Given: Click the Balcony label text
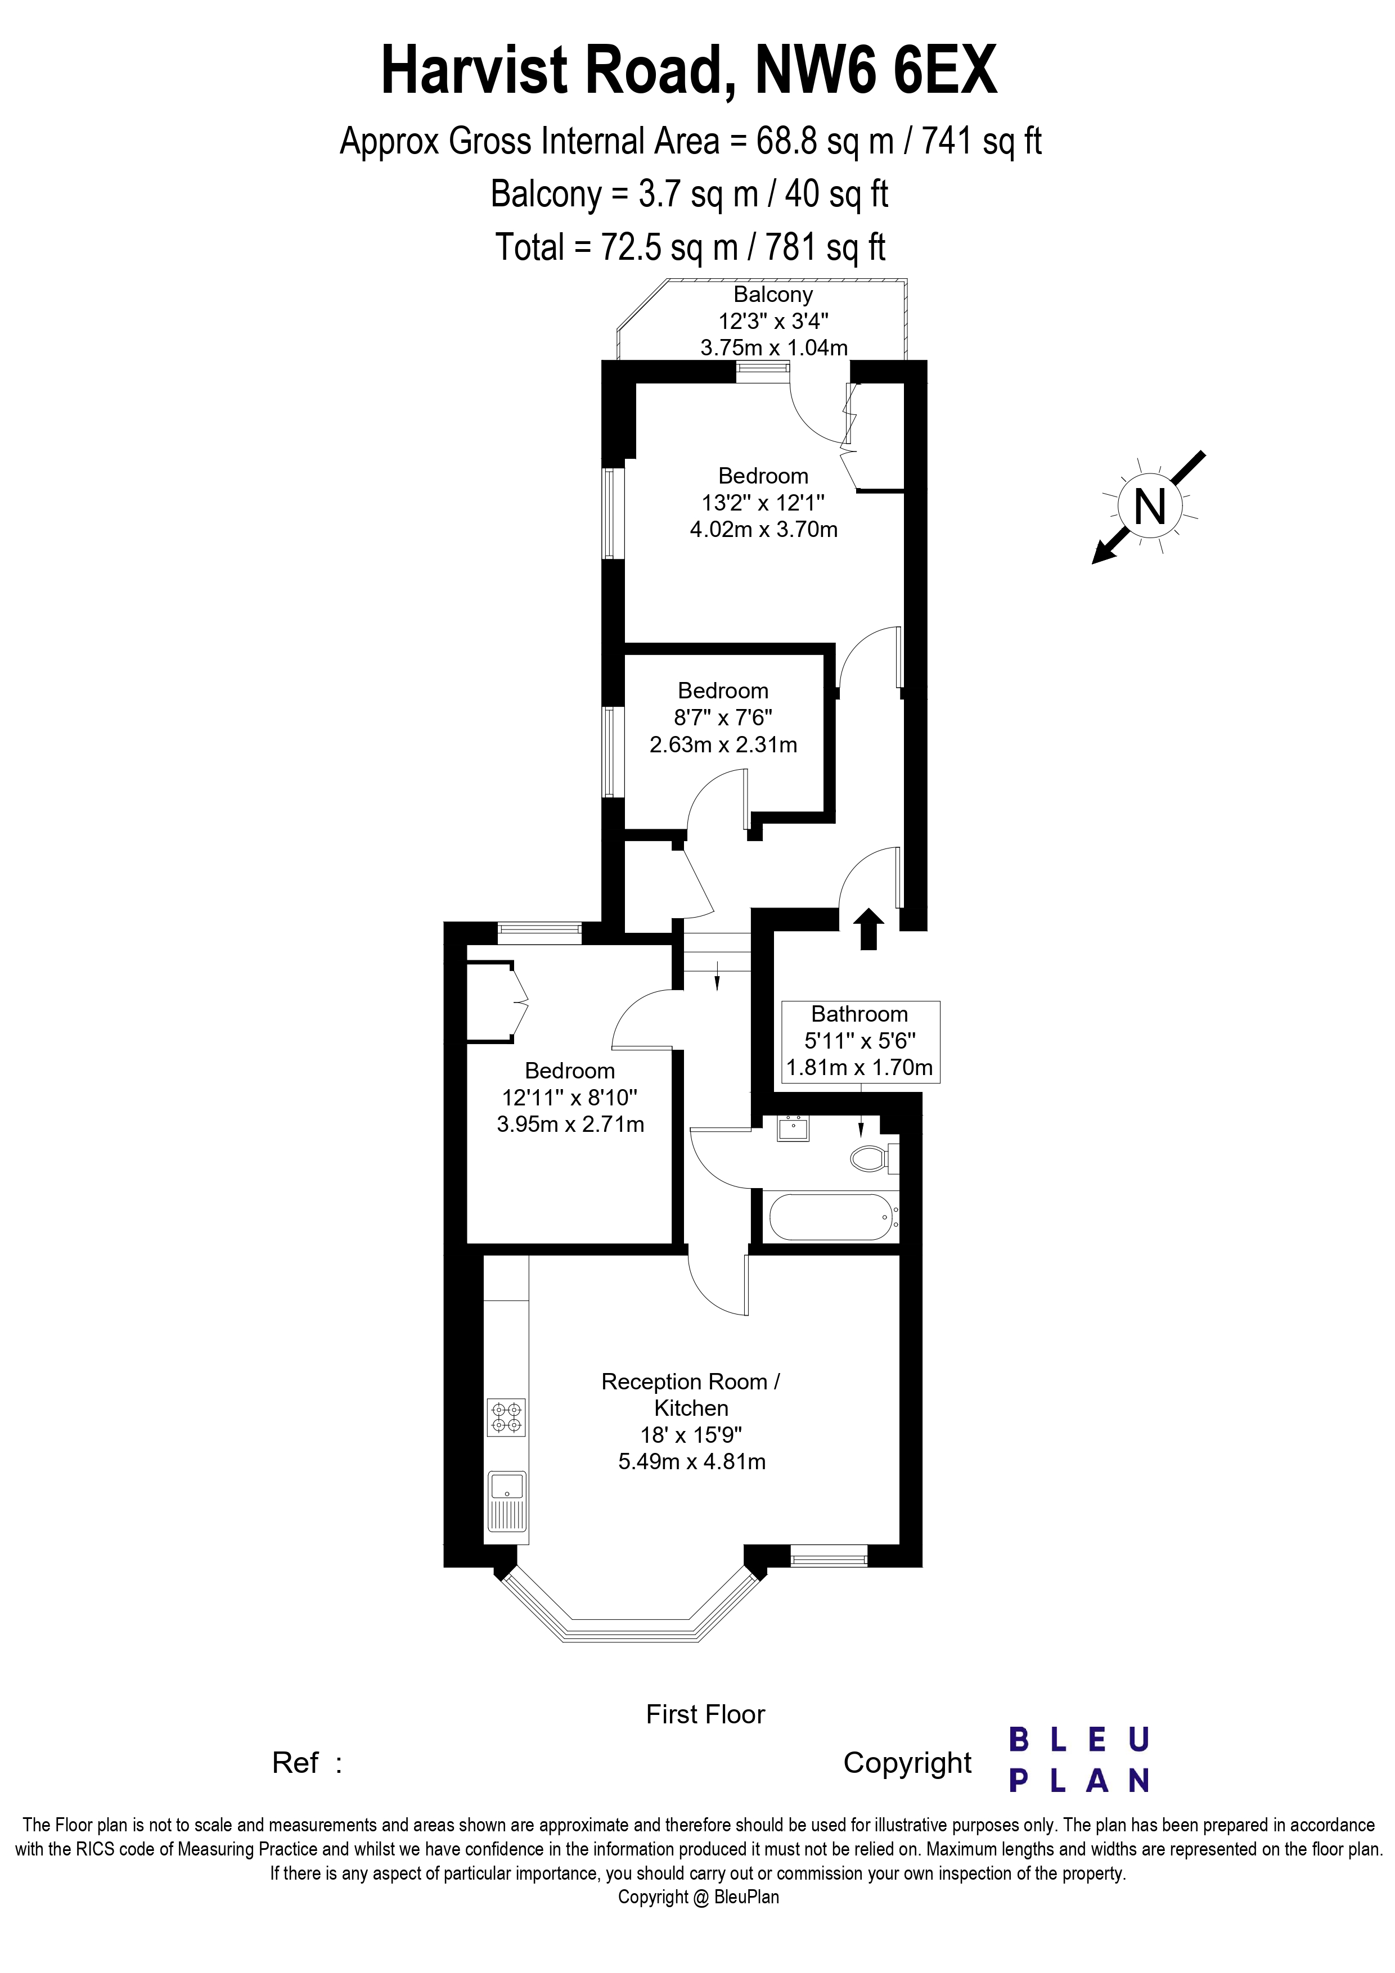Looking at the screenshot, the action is point(773,295).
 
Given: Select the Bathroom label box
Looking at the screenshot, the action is point(859,1041).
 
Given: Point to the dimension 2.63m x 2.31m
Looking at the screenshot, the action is point(723,744).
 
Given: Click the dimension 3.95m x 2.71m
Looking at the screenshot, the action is point(570,1124).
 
